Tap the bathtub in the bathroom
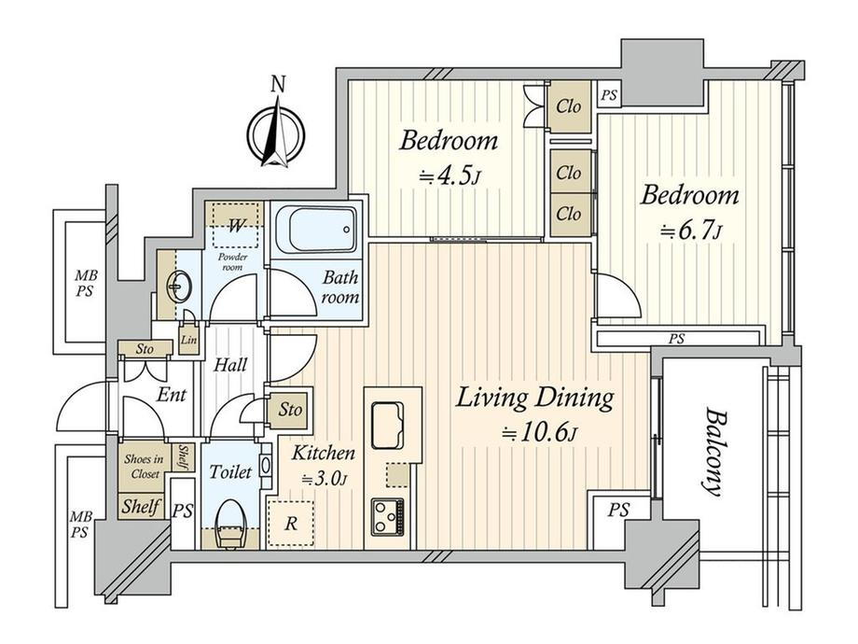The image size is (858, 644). (x=317, y=229)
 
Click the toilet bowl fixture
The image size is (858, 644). (x=229, y=524)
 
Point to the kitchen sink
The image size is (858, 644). (x=387, y=426)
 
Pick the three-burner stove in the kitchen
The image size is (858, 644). (x=387, y=517)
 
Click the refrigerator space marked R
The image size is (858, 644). (x=291, y=524)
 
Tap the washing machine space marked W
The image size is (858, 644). (x=235, y=225)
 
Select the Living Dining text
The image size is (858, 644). (x=534, y=398)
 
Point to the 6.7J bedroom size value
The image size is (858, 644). (x=690, y=231)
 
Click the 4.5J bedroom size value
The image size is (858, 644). (x=450, y=177)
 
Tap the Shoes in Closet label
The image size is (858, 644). (x=144, y=467)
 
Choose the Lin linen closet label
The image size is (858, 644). (x=188, y=340)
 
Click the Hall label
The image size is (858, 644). (x=229, y=365)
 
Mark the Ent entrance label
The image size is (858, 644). (x=172, y=394)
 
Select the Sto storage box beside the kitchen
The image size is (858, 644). (x=289, y=410)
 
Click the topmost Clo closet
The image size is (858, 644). (x=569, y=106)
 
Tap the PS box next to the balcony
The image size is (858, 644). (x=619, y=510)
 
